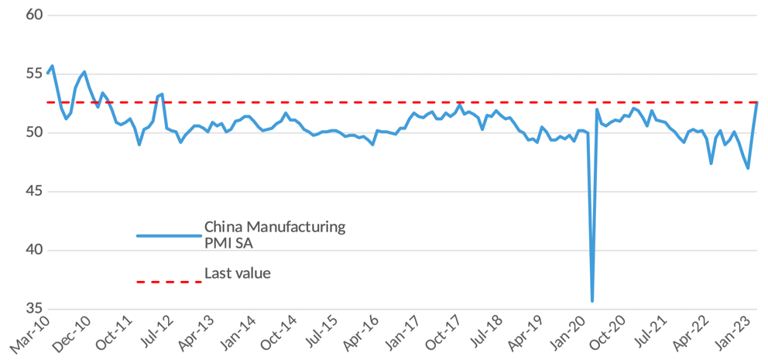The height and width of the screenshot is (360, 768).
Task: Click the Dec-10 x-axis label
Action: (x=73, y=334)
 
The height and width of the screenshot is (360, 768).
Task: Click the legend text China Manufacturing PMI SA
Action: (x=274, y=235)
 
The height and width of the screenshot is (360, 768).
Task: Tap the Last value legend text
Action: (x=237, y=273)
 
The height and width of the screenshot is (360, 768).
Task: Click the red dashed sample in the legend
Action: (x=168, y=282)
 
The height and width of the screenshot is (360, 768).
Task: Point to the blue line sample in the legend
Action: (x=168, y=235)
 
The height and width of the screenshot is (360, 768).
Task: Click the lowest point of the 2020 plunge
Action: (x=592, y=300)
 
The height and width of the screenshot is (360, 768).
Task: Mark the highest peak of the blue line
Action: (x=52, y=66)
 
